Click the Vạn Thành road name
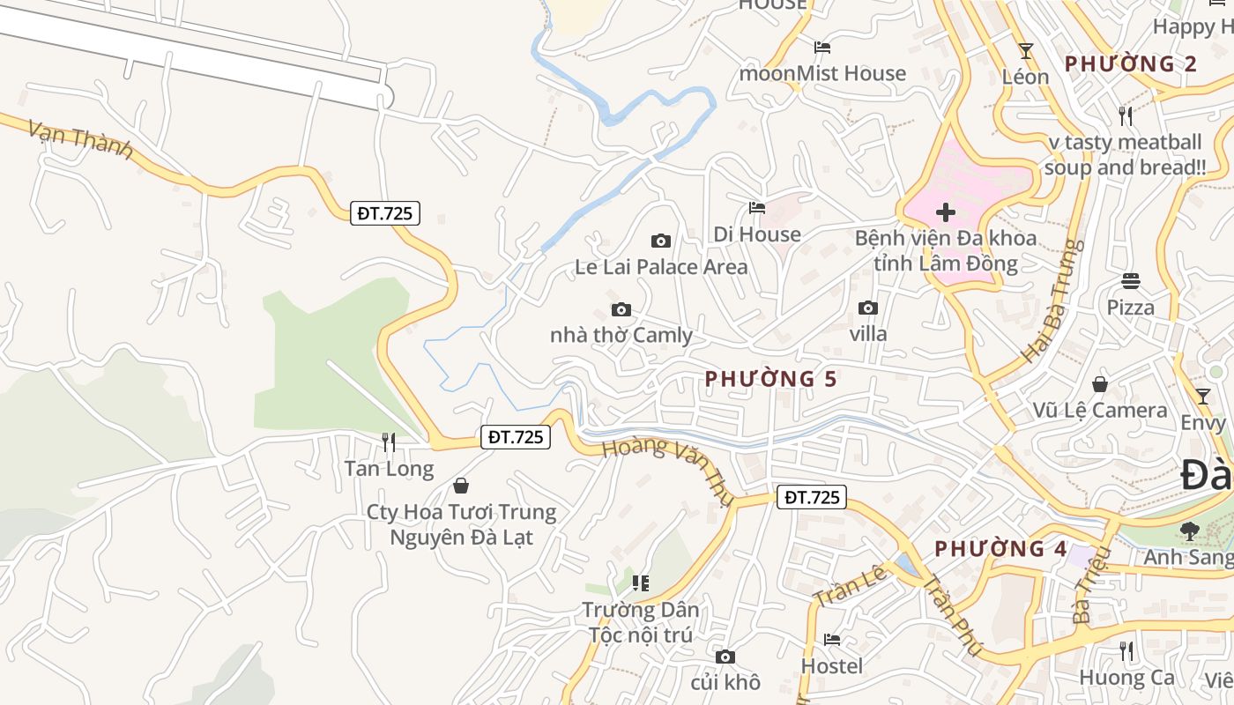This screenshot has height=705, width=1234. click(80, 139)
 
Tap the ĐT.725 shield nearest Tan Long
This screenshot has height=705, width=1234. click(516, 436)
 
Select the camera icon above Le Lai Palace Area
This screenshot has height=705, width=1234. click(660, 241)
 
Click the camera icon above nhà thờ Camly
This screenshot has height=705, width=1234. click(621, 309)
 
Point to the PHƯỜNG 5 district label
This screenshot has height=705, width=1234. click(770, 379)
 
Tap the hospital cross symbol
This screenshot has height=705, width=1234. click(946, 212)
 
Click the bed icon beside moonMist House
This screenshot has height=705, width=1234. click(822, 47)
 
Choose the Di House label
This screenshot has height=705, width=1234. click(757, 234)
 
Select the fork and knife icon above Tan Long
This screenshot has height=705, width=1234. click(388, 442)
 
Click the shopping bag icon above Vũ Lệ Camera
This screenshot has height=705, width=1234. click(1100, 384)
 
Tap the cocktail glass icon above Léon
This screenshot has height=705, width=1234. click(1025, 50)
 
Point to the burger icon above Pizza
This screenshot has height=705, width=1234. click(1131, 281)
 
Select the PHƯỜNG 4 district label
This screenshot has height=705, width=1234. click(1000, 549)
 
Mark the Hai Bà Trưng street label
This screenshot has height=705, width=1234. click(1051, 301)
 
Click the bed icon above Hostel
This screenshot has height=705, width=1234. click(831, 640)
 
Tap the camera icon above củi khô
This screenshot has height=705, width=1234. click(725, 657)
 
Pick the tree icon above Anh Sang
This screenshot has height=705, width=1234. click(1189, 531)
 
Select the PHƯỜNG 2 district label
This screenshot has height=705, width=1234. click(1131, 63)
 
